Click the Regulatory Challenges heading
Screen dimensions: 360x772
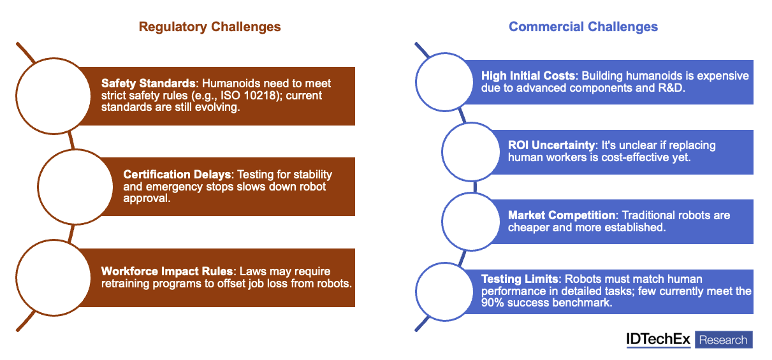pyautogui.click(x=210, y=27)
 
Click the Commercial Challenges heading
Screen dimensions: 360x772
pyautogui.click(x=583, y=27)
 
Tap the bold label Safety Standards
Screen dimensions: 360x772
pyautogui.click(x=148, y=83)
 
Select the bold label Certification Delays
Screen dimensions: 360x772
pyautogui.click(x=177, y=175)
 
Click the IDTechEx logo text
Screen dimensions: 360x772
pyautogui.click(x=658, y=340)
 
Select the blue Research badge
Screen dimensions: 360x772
pyautogui.click(x=723, y=340)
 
